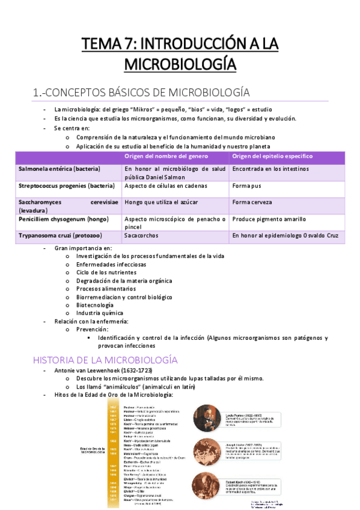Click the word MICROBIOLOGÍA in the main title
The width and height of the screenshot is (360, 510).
pyautogui.click(x=180, y=63)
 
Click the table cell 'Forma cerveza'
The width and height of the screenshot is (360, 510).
pyautogui.click(x=252, y=202)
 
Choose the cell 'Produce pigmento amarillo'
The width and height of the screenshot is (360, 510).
pyautogui.click(x=269, y=219)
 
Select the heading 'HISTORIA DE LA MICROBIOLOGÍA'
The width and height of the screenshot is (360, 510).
pyautogui.click(x=105, y=360)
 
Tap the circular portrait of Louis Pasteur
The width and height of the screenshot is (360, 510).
pyautogui.click(x=208, y=418)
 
